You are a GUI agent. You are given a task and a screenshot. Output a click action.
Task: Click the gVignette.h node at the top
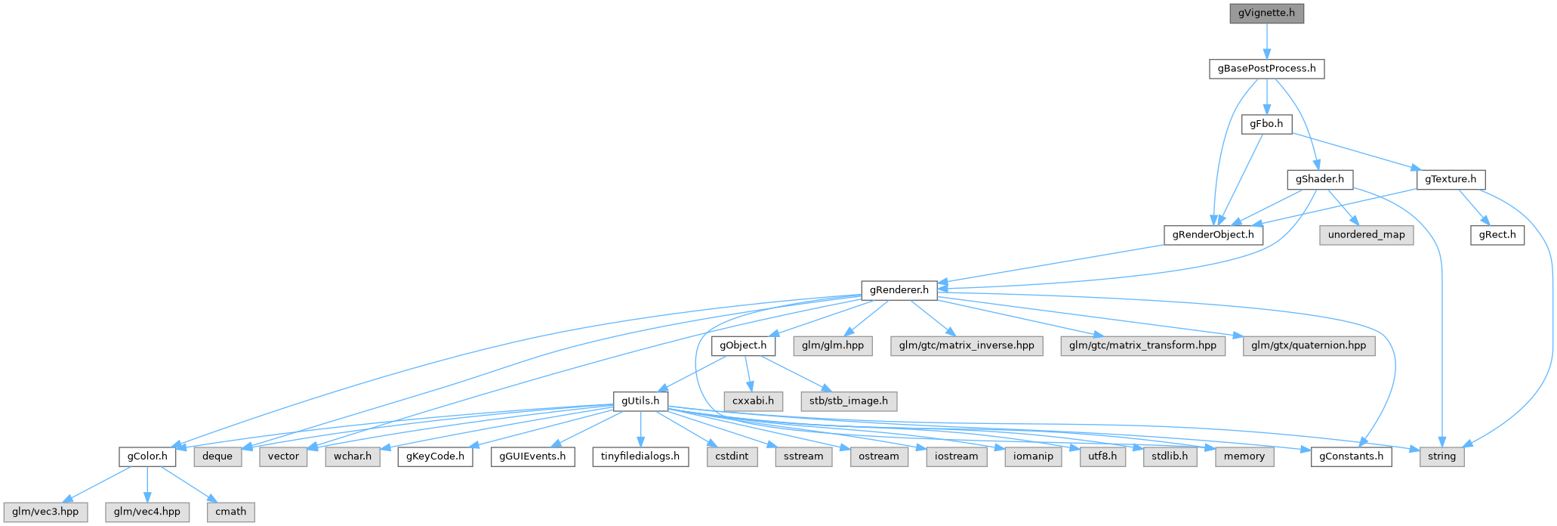[1266, 13]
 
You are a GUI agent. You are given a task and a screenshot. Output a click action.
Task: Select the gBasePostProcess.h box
[1266, 69]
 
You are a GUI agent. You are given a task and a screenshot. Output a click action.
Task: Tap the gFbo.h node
[1266, 124]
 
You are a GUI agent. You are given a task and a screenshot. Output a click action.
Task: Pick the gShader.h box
[1319, 179]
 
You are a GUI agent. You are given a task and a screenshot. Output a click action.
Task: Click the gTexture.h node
[1451, 179]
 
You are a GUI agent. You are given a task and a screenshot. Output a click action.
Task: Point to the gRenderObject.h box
[1213, 234]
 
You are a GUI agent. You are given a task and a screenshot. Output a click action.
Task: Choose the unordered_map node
[1366, 234]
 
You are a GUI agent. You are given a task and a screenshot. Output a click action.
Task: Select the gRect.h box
[1497, 234]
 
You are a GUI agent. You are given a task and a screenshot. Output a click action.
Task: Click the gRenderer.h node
[899, 289]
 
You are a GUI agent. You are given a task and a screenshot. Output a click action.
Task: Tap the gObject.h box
[743, 345]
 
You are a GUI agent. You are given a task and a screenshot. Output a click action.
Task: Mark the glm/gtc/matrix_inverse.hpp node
[966, 345]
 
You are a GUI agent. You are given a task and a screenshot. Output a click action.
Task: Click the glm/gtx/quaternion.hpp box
[1309, 345]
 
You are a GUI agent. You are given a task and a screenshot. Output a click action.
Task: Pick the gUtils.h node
[640, 401]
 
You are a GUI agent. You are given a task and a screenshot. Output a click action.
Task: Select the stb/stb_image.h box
[849, 401]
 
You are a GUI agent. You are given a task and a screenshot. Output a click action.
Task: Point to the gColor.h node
[147, 456]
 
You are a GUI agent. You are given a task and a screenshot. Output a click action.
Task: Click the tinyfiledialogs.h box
[640, 456]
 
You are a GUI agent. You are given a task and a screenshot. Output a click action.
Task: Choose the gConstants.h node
[1351, 456]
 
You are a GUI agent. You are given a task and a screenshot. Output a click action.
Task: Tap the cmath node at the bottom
[230, 512]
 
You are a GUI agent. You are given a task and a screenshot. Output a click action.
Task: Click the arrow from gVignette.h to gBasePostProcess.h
[1266, 41]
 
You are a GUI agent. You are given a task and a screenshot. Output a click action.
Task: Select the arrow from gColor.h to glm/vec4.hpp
[147, 484]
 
